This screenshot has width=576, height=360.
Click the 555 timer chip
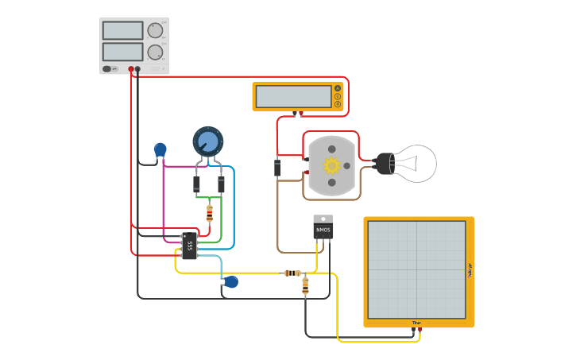click(x=189, y=246)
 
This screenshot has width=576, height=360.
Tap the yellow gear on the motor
click(x=331, y=165)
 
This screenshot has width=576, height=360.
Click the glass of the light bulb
click(x=418, y=163)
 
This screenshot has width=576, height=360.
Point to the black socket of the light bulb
click(x=385, y=164)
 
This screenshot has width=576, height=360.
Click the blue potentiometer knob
click(x=208, y=141)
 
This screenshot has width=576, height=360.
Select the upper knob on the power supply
click(x=155, y=30)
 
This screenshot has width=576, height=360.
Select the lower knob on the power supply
click(x=155, y=52)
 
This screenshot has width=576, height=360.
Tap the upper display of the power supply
click(x=122, y=30)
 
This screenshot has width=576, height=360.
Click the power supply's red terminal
click(x=131, y=69)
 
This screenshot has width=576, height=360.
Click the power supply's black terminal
click(x=137, y=69)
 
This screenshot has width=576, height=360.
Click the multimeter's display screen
click(x=293, y=96)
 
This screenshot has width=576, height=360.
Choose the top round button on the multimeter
click(x=338, y=88)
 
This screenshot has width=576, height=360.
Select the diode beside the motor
click(x=277, y=168)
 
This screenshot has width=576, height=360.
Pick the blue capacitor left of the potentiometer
click(x=160, y=149)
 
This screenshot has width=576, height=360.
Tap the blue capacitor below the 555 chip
click(x=231, y=281)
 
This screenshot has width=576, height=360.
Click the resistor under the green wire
click(x=209, y=213)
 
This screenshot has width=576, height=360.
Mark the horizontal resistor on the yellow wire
click(x=292, y=273)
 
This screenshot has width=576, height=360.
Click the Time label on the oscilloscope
click(x=416, y=323)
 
